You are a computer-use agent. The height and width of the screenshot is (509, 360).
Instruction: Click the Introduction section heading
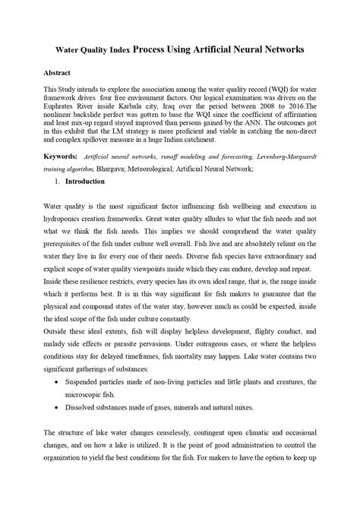point(87,182)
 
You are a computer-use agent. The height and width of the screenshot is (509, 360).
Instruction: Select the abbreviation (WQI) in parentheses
point(269,89)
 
